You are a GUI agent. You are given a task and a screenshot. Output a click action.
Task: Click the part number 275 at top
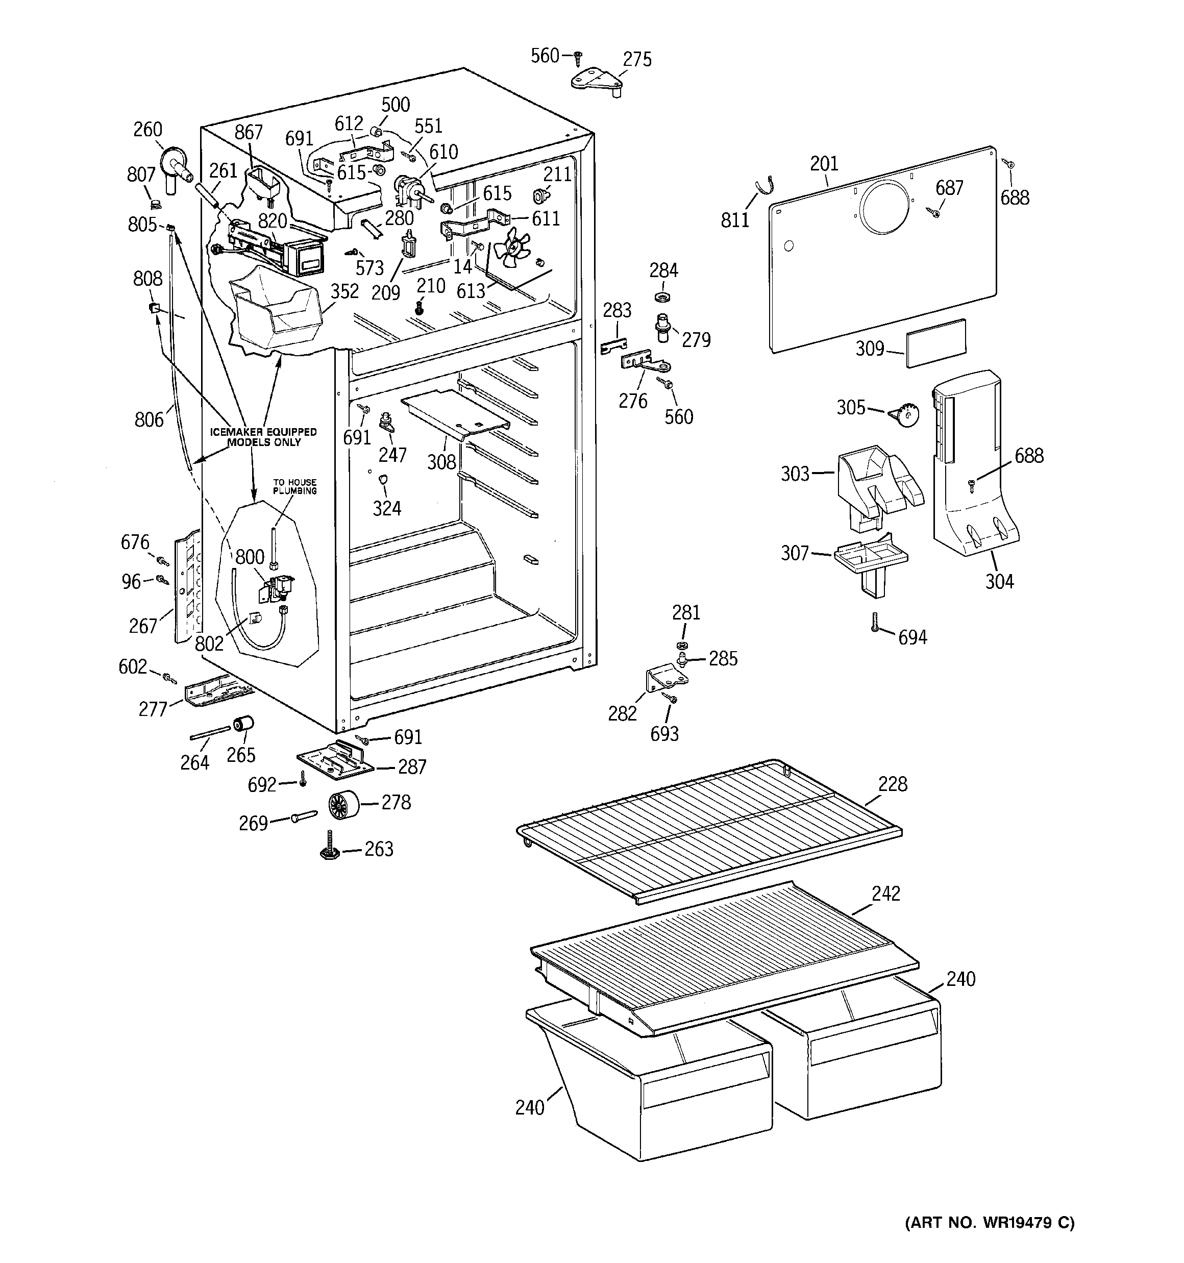click(x=637, y=59)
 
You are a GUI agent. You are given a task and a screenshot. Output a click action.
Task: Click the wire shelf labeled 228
click(x=709, y=826)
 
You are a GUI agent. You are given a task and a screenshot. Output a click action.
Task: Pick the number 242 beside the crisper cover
click(x=886, y=894)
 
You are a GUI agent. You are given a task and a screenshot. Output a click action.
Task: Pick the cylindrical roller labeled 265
click(x=243, y=724)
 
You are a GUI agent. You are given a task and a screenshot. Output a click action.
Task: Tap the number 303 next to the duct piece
click(x=795, y=474)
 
